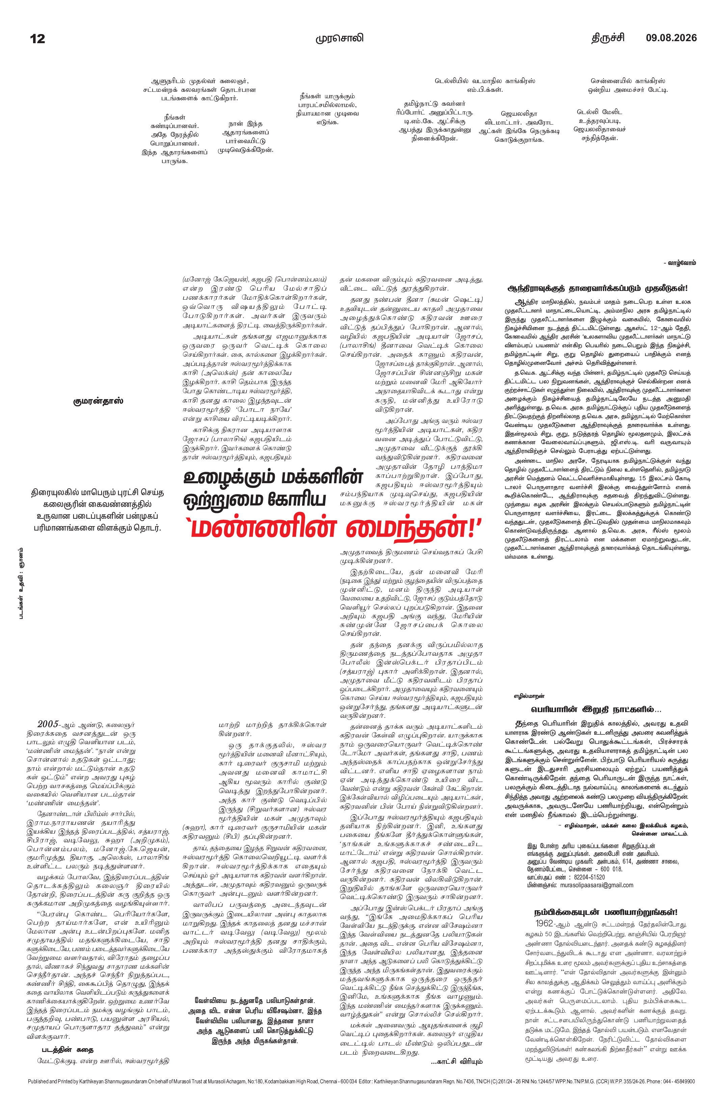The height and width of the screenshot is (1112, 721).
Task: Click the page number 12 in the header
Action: click(x=37, y=38)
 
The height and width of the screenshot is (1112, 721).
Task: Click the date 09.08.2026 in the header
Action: click(x=671, y=38)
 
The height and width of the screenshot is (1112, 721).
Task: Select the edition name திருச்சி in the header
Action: click(x=608, y=38)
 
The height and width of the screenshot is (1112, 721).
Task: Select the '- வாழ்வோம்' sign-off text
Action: click(x=679, y=263)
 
